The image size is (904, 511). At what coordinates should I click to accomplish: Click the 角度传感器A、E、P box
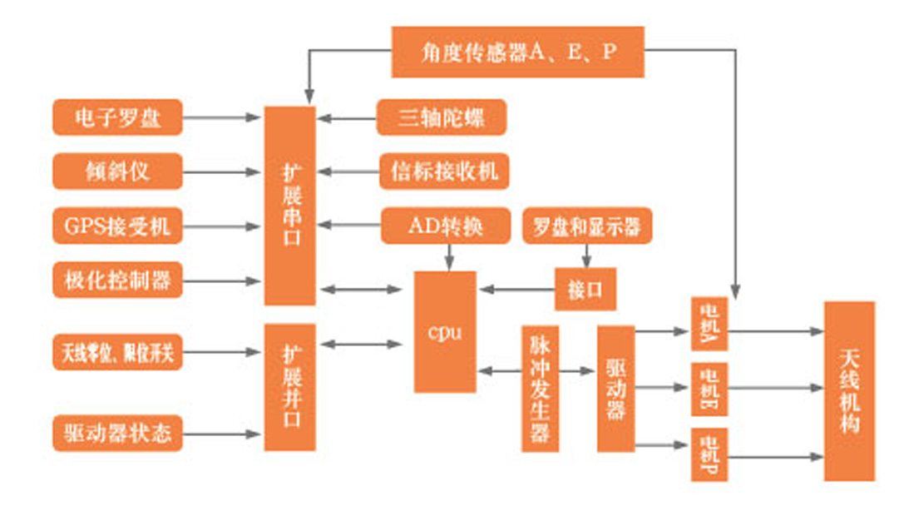click(517, 52)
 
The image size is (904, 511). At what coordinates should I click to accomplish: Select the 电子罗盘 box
click(116, 118)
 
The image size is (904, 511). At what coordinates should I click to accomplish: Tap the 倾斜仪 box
click(116, 171)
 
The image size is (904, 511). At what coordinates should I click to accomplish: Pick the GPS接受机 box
click(116, 226)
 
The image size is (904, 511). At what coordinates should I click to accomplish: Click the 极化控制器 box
click(116, 280)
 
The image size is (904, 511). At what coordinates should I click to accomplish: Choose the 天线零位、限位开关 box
click(116, 351)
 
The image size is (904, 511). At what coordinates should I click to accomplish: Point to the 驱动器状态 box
click(116, 433)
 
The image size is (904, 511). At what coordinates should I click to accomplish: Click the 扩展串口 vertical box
click(289, 205)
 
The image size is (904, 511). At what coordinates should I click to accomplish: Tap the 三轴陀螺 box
click(441, 118)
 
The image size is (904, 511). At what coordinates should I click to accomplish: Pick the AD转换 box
click(445, 226)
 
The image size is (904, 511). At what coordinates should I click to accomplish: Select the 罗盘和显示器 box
click(586, 226)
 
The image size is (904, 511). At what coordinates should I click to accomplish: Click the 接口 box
click(585, 290)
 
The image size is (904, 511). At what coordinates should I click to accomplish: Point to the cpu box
click(445, 331)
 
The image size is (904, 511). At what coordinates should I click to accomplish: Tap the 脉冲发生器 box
click(540, 388)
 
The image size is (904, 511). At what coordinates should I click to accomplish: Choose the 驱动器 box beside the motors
click(615, 388)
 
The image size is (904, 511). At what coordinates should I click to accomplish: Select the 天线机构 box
click(848, 390)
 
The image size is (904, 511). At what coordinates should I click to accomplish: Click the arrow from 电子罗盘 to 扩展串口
click(220, 118)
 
